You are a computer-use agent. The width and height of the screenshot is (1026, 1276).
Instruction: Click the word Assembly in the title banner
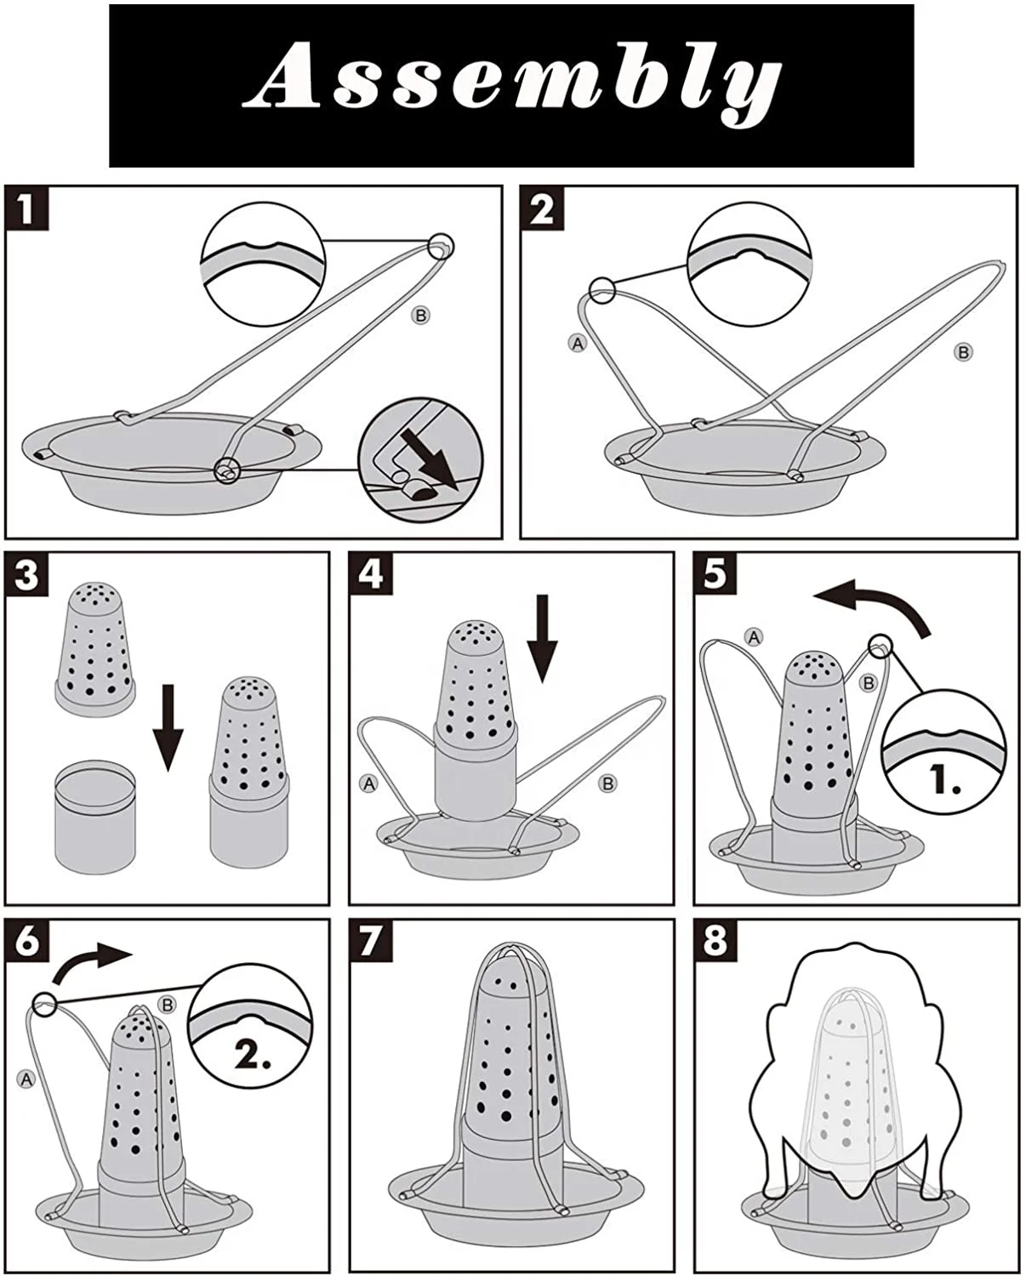[511, 85]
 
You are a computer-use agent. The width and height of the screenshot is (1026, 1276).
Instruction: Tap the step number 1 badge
[26, 208]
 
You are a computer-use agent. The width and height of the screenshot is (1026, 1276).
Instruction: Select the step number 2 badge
[542, 208]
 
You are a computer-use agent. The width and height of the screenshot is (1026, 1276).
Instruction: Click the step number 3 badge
[26, 574]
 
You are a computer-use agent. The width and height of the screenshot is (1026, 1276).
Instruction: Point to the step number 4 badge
[371, 574]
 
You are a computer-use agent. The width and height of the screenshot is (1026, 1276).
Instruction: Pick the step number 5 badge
[715, 574]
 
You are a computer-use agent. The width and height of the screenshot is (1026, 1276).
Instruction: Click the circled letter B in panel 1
[421, 316]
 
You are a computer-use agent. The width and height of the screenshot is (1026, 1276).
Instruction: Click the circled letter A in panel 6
[26, 1079]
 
